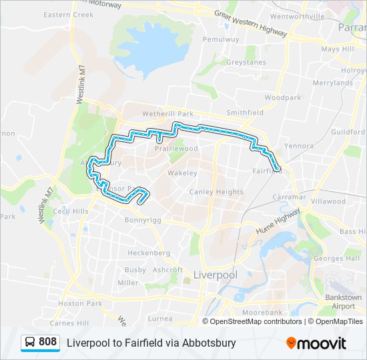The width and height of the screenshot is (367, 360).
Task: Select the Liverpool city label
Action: (x=215, y=275)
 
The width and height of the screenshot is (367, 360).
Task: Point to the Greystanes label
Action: (x=246, y=63)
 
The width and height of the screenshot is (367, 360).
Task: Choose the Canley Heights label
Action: (x=216, y=192)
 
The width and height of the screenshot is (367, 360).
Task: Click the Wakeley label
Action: (x=182, y=173)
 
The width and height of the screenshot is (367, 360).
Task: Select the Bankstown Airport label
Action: (x=344, y=301)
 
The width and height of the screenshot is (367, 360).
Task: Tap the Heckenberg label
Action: (x=148, y=253)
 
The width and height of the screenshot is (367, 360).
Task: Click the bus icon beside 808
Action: (x=31, y=343)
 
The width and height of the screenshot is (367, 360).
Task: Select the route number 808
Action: (x=47, y=343)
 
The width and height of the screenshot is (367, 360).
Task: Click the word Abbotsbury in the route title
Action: (x=212, y=343)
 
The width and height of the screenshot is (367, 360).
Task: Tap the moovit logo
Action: (x=316, y=343)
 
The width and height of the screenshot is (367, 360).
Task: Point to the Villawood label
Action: (x=328, y=201)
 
